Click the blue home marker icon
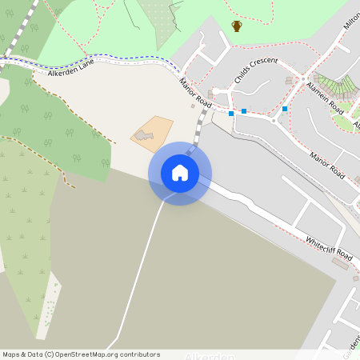click(x=180, y=173)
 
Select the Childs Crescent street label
click(x=256, y=70)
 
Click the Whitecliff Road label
click(x=328, y=246)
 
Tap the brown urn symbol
click(x=237, y=26)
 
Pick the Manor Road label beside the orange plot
click(x=195, y=94)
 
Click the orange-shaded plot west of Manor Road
click(x=152, y=132)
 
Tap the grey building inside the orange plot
click(x=143, y=136)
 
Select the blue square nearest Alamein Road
click(x=285, y=109)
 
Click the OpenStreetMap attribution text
click(x=81, y=354)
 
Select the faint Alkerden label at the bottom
click(x=210, y=357)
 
